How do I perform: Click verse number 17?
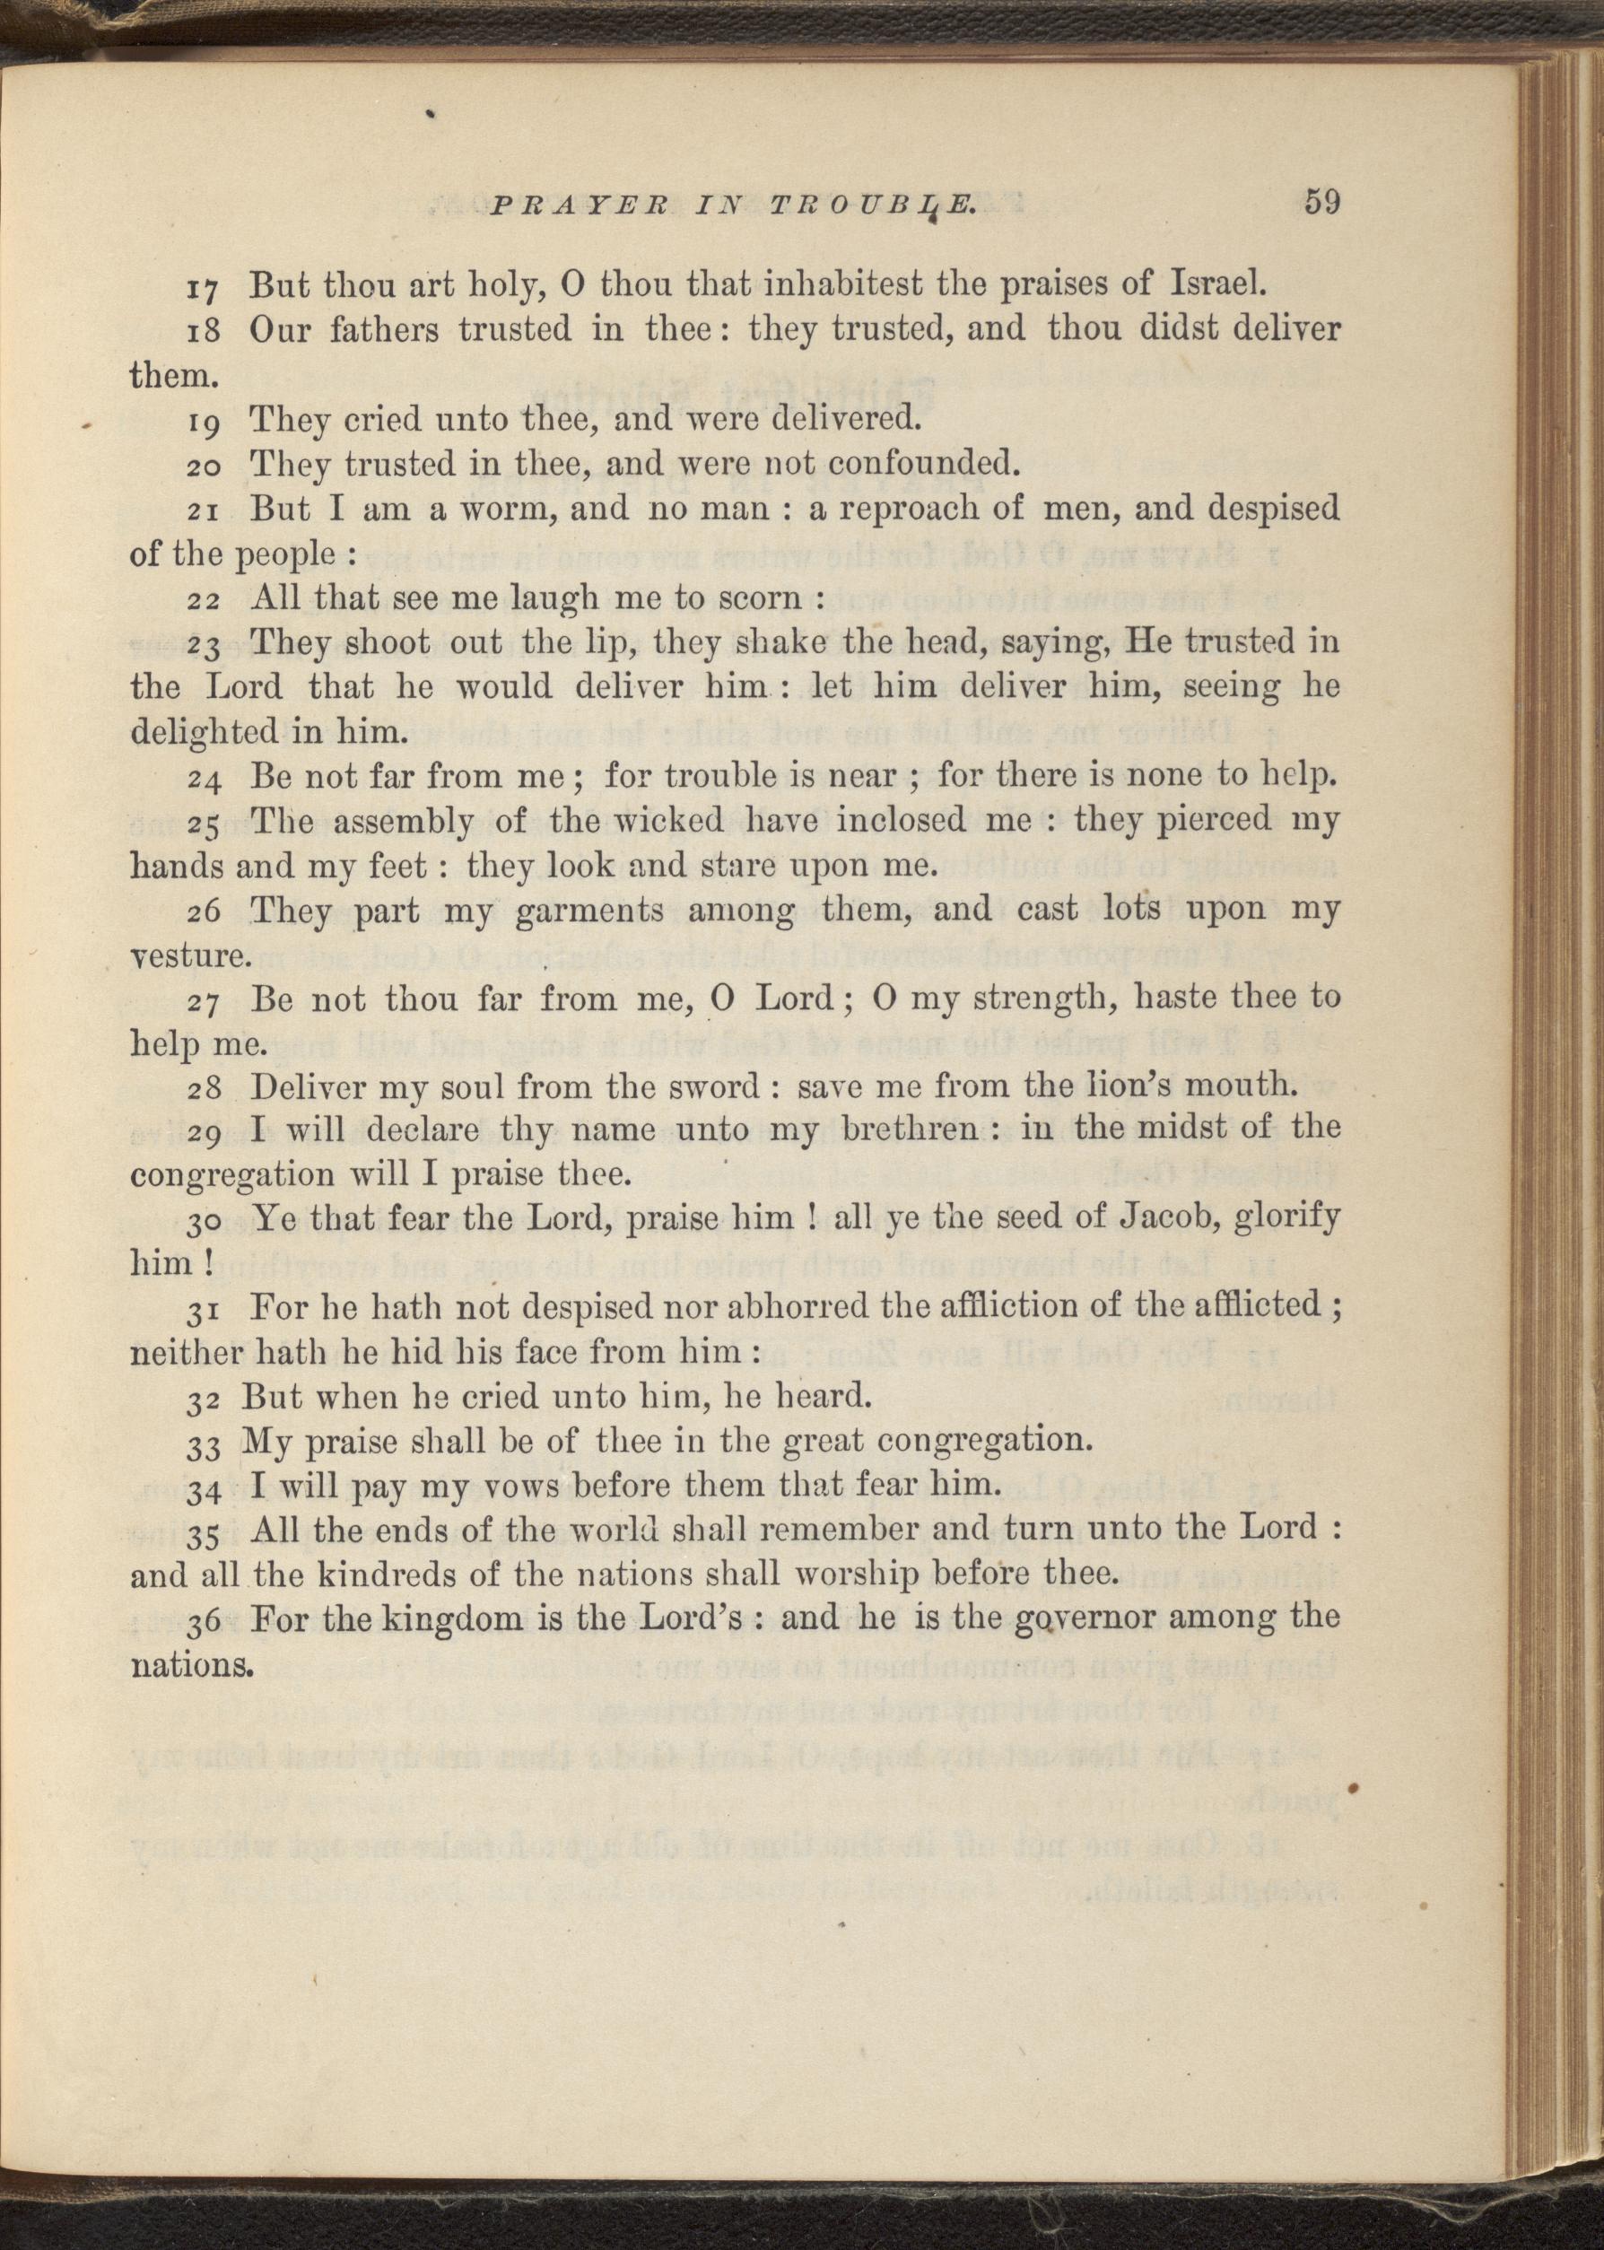pos(206,290)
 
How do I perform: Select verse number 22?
pos(206,600)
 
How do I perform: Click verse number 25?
pos(206,823)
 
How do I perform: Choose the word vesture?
pos(187,957)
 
